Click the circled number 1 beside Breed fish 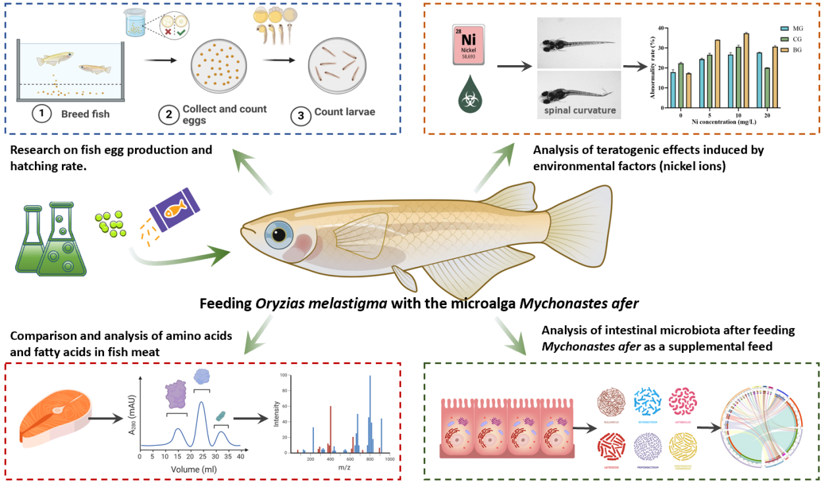[x=41, y=114]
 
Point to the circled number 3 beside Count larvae [x=301, y=114]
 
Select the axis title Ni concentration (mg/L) [x=726, y=121]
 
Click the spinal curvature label [x=579, y=110]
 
